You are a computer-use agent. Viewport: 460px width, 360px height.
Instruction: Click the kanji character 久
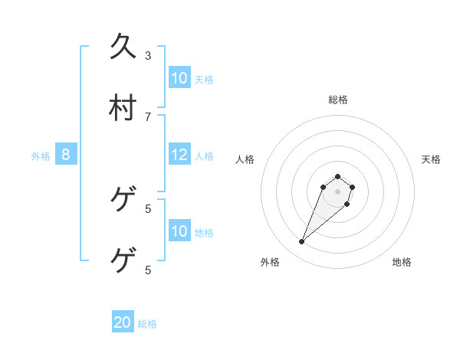(123, 47)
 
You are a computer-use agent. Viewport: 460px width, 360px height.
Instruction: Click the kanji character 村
(123, 108)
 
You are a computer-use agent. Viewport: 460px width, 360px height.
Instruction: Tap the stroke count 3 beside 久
(148, 55)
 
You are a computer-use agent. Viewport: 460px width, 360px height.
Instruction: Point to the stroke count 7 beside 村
(148, 116)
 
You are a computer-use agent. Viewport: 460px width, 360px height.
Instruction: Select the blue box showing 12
(179, 155)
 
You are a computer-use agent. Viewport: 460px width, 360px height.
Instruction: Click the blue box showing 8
(66, 155)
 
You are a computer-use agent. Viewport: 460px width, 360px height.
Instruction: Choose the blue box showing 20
(123, 322)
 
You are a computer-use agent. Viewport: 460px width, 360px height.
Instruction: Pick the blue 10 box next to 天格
(179, 77)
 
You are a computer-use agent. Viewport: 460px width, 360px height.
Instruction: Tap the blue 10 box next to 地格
(179, 231)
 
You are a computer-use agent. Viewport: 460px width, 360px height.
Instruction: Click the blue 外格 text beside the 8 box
(41, 156)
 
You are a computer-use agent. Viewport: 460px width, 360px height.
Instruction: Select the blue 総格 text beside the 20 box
(147, 324)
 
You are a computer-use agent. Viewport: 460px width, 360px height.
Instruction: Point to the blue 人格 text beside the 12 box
(204, 156)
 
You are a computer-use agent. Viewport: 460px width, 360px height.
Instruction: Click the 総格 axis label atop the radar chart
(338, 100)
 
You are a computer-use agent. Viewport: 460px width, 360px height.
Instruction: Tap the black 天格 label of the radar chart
(431, 159)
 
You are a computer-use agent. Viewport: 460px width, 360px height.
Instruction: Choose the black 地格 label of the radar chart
(402, 262)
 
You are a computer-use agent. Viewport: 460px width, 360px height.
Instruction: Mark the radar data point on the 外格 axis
(302, 242)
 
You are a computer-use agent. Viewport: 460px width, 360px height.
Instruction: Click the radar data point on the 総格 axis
(337, 176)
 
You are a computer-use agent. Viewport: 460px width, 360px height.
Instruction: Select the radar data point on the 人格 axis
(324, 187)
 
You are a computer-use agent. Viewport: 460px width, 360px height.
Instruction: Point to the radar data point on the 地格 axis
(347, 204)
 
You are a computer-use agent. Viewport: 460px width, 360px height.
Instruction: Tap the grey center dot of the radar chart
(337, 191)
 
